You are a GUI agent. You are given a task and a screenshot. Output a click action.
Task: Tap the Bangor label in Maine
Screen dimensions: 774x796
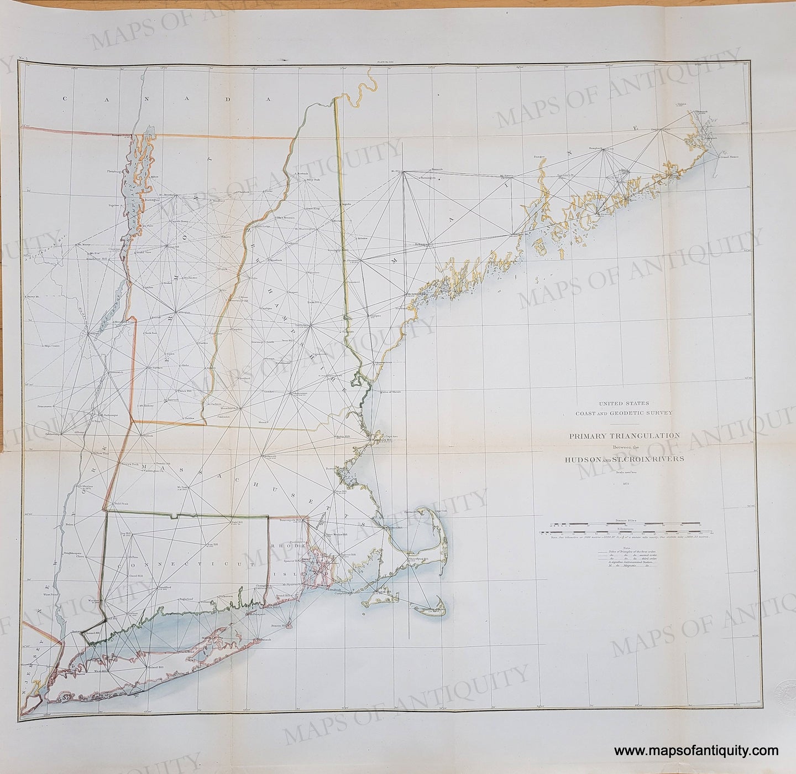pos(539,157)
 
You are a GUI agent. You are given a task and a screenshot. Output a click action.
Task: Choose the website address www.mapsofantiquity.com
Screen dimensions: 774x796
pos(699,751)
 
